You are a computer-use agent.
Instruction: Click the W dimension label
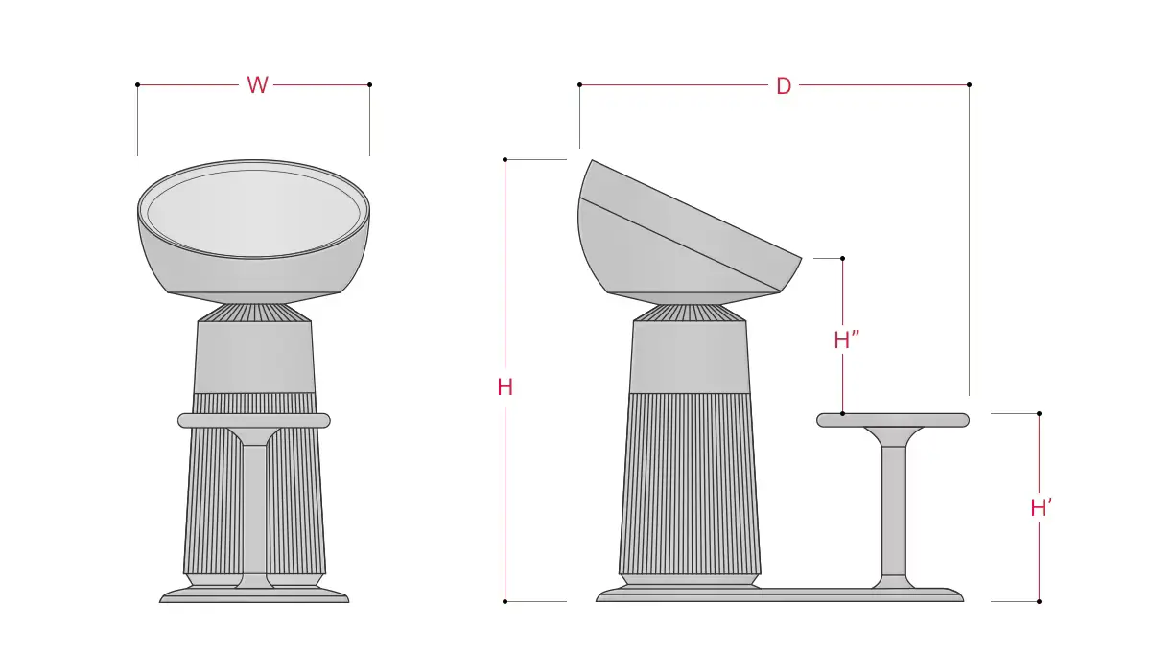point(257,85)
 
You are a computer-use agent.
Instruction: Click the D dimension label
point(784,85)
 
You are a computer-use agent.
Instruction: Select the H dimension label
point(505,387)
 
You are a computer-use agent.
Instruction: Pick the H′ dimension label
point(1042,508)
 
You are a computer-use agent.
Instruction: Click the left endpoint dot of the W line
point(138,84)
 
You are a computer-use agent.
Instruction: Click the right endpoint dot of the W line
point(369,84)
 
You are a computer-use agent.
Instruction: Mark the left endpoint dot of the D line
point(579,84)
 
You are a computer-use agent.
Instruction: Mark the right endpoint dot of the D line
point(969,84)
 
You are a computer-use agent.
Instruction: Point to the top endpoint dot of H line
point(505,159)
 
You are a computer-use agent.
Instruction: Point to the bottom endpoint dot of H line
point(505,601)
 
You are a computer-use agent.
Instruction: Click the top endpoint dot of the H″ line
point(842,258)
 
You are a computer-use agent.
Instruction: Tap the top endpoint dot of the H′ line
point(1039,413)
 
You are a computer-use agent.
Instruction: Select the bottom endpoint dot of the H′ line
point(1039,601)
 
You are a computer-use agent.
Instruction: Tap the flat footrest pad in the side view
point(893,420)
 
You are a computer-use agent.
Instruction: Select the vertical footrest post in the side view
point(893,508)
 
